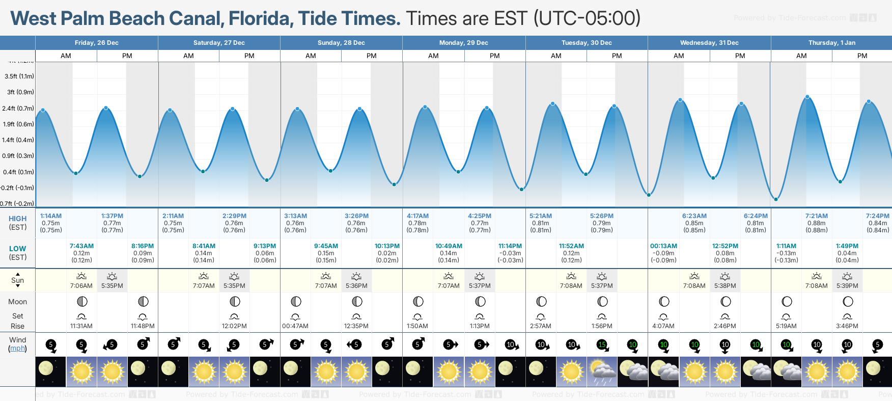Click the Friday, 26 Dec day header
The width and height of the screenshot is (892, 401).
(96, 43)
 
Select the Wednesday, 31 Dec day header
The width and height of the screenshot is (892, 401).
(709, 43)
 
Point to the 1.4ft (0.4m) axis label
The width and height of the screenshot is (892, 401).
(18, 140)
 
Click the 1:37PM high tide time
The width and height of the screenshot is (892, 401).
(112, 216)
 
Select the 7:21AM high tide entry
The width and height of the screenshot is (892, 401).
(816, 216)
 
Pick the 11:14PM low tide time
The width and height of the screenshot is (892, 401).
(510, 246)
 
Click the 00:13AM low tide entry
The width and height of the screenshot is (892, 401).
(663, 246)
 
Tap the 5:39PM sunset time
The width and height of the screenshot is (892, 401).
(847, 286)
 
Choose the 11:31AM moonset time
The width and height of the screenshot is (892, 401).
(81, 326)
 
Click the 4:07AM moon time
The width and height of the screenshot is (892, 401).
(663, 326)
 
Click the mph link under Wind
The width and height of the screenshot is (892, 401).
(18, 349)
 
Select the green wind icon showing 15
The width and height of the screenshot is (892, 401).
(602, 345)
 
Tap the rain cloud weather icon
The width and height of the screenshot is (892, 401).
(602, 371)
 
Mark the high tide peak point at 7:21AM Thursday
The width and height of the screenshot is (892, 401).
(807, 97)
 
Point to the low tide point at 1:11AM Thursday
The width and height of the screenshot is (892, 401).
(776, 199)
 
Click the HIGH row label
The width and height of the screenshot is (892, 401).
(17, 219)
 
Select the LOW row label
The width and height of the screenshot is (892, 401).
(17, 249)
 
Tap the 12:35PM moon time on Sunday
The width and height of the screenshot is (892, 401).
(356, 326)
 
